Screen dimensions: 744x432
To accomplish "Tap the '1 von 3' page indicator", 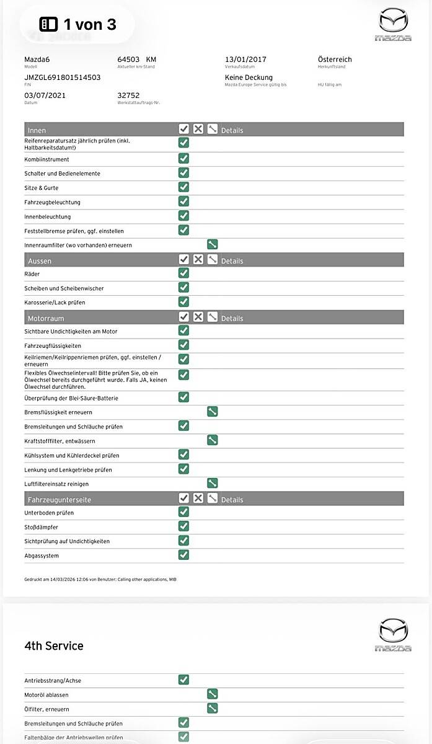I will (x=77, y=24).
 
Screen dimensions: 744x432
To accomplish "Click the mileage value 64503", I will (x=129, y=60).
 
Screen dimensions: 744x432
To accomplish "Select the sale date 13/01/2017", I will (x=245, y=60).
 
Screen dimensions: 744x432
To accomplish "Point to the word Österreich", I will (x=335, y=60).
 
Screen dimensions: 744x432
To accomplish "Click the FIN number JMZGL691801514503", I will (x=62, y=77).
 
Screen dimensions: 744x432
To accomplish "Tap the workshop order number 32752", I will (x=128, y=95).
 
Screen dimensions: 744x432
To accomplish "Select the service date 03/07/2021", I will (x=45, y=95).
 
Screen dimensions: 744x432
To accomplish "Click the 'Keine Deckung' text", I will (x=249, y=77).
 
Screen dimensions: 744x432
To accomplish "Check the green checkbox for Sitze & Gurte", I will (x=183, y=187).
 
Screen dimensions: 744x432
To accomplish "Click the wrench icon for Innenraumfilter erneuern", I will (x=212, y=245).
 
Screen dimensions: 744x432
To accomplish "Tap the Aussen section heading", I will (x=40, y=261).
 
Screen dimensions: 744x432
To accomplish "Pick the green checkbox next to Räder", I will (x=183, y=273).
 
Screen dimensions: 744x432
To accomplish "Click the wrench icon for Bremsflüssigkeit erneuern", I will (x=212, y=412).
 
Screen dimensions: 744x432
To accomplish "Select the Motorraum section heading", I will (x=46, y=318).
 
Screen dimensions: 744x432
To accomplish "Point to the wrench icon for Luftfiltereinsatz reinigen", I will (x=212, y=484).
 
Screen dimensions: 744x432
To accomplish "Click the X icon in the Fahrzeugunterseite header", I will (x=198, y=498).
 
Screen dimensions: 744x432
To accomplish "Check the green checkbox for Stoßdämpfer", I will (x=183, y=526).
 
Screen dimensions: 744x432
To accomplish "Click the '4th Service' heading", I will (x=54, y=645).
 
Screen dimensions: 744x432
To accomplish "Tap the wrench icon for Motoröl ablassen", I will (x=212, y=694).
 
